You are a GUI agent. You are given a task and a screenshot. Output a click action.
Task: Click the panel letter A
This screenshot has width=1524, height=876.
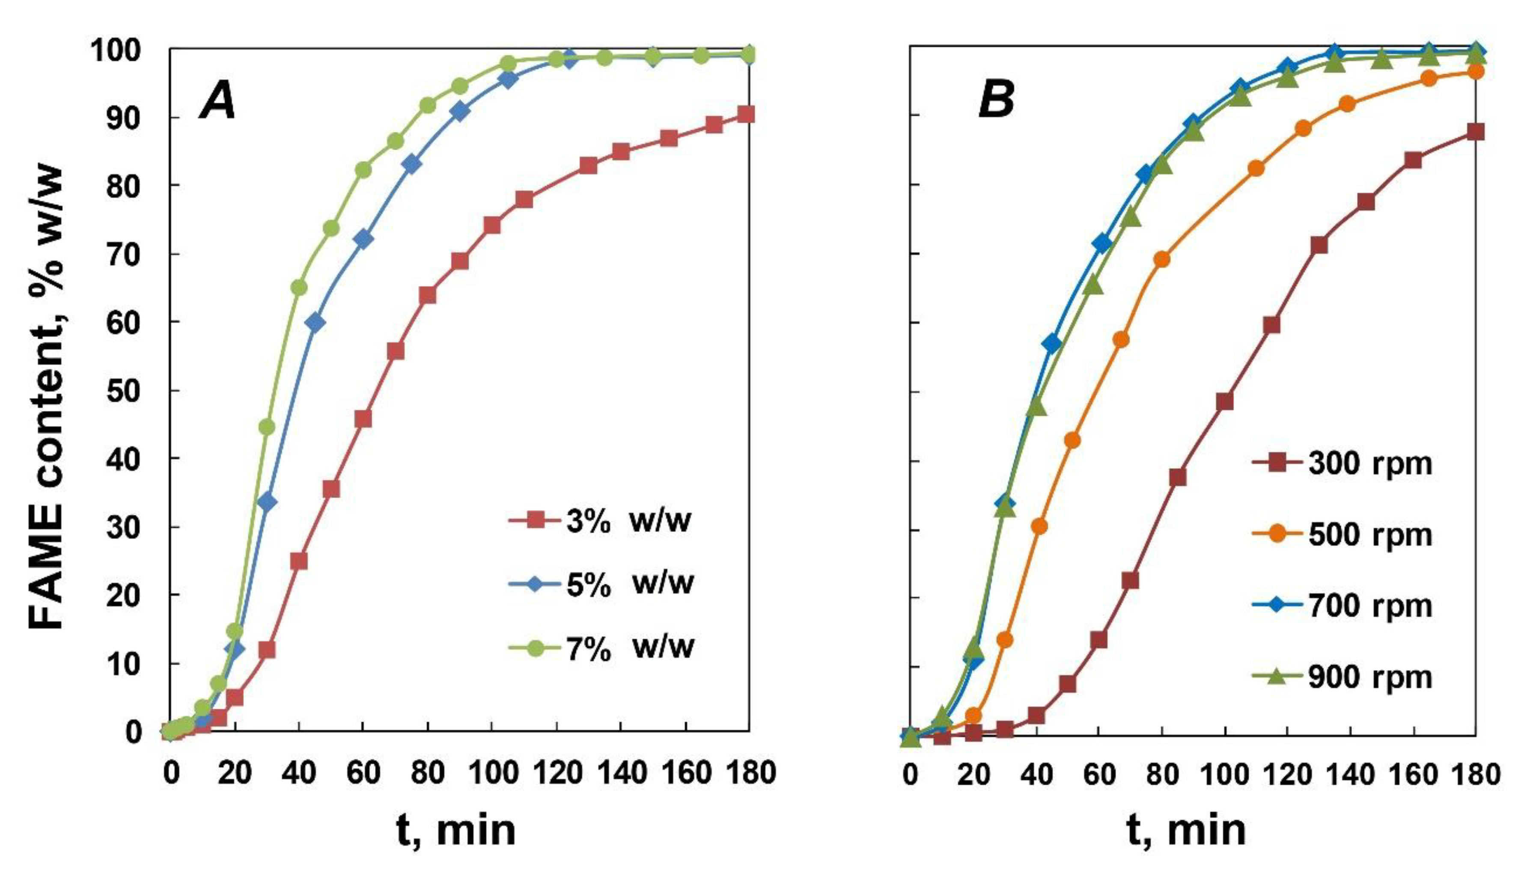[x=218, y=100]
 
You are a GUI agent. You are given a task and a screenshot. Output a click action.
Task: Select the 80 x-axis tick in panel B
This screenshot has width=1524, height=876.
[x=1161, y=774]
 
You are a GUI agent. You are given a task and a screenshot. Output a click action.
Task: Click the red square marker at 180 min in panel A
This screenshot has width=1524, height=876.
[x=746, y=114]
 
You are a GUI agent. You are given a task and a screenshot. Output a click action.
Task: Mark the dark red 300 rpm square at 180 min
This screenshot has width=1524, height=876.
[x=1475, y=132]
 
